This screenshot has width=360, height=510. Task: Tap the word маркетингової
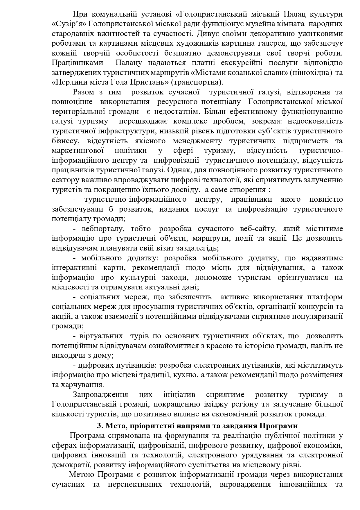point(78,151)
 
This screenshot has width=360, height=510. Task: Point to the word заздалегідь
point(194,248)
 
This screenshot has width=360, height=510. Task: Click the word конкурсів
point(316,307)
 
